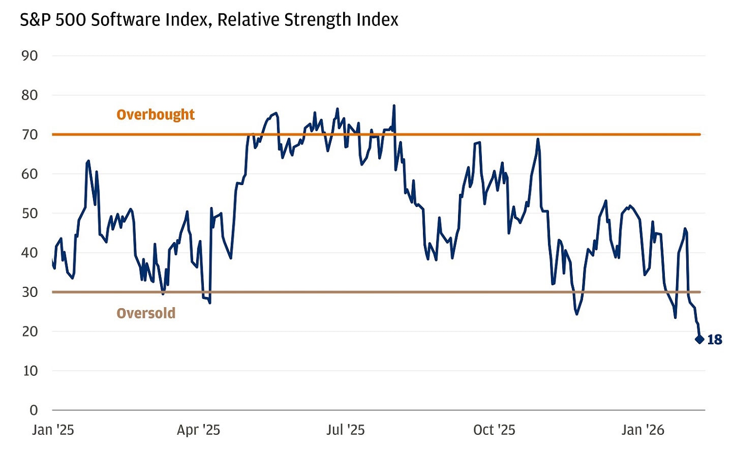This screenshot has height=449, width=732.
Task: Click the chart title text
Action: [x=208, y=20]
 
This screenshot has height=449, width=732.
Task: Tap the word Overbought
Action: [x=156, y=114]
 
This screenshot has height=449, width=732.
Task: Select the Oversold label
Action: [x=146, y=313]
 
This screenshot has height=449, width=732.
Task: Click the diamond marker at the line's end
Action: [x=699, y=339]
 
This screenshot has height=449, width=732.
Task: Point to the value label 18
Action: [x=715, y=340]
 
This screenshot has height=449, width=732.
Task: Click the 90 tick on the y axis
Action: [x=29, y=56]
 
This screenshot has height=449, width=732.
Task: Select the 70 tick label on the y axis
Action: [x=29, y=135]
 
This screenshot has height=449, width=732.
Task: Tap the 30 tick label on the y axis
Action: [x=29, y=292]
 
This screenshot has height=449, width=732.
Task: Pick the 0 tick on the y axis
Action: [x=34, y=410]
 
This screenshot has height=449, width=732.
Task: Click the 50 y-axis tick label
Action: [x=29, y=214]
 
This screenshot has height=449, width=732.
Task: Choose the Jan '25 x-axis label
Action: [x=53, y=430]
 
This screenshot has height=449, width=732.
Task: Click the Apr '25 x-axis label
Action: [x=198, y=430]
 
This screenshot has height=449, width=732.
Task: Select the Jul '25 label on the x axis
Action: [x=345, y=430]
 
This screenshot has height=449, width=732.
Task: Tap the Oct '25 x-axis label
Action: [x=494, y=430]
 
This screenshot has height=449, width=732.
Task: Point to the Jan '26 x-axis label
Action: [x=643, y=430]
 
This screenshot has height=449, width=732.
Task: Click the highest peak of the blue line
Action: [x=394, y=106]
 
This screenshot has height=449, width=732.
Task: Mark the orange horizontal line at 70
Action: [x=457, y=134]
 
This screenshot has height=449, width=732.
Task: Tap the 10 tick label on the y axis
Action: [x=29, y=371]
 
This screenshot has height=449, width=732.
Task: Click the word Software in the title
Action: [x=114, y=20]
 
